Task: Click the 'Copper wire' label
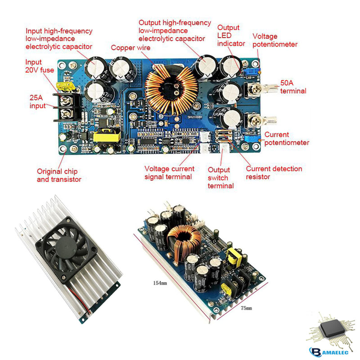[131, 47]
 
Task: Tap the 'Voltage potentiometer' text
[274, 40]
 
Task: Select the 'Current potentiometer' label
[287, 139]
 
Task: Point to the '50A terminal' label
[293, 87]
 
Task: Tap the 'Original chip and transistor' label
[59, 175]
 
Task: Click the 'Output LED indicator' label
[231, 36]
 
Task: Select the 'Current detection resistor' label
[274, 173]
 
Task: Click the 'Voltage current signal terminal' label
[169, 173]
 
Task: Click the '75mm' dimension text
[246, 308]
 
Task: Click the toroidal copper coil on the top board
[171, 89]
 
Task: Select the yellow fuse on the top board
[60, 86]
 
